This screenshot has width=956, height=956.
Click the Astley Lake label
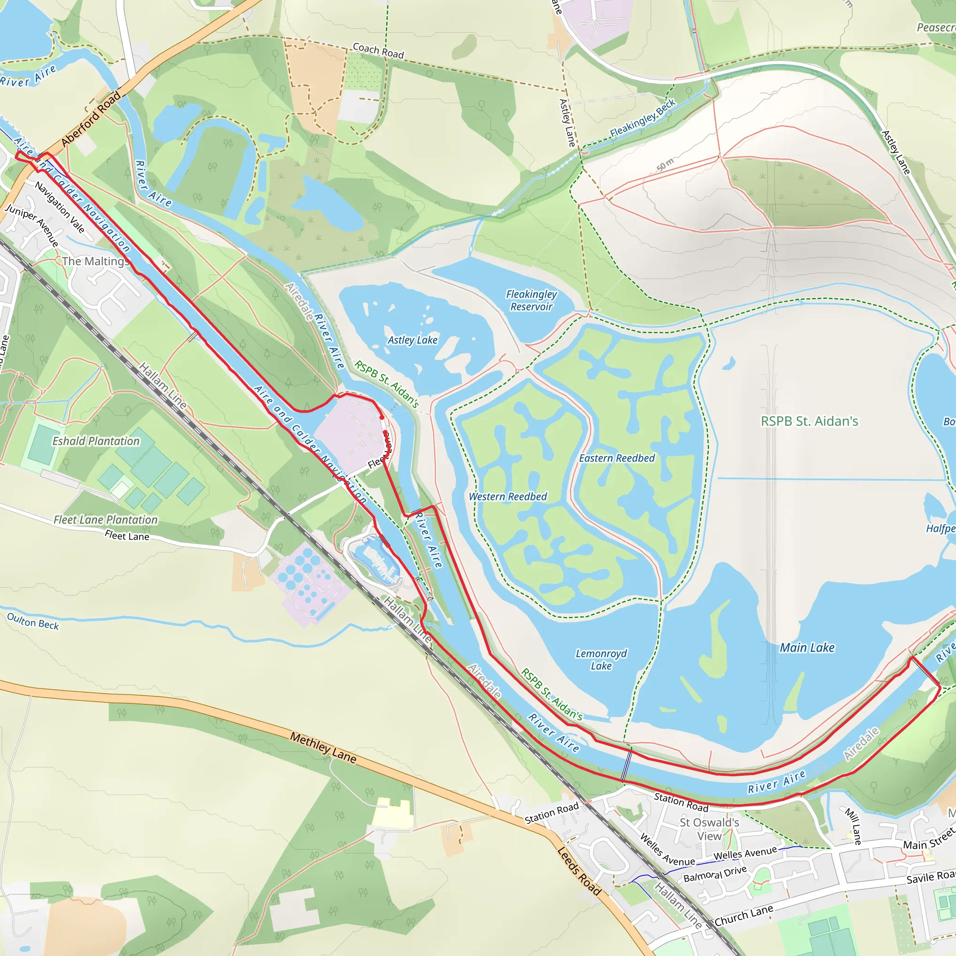(412, 340)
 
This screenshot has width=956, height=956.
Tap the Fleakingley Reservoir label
(531, 300)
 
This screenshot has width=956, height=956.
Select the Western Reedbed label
(508, 496)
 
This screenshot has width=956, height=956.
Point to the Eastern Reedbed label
(617, 458)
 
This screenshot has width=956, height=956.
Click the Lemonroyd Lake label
(601, 660)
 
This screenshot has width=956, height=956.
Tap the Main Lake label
(807, 647)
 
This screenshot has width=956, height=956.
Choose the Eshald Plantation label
(96, 441)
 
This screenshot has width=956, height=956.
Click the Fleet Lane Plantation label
(105, 520)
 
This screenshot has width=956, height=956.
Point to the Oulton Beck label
(33, 621)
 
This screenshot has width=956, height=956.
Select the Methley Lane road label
(323, 747)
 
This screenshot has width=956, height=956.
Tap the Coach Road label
(378, 50)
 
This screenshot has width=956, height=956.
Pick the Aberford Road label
(91, 119)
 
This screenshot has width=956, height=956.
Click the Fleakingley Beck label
(642, 118)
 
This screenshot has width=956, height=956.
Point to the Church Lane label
(743, 915)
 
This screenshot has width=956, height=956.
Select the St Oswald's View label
(709, 829)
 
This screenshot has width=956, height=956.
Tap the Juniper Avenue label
(32, 225)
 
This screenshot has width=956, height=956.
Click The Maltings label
(95, 261)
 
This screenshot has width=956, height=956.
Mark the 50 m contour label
(665, 164)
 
